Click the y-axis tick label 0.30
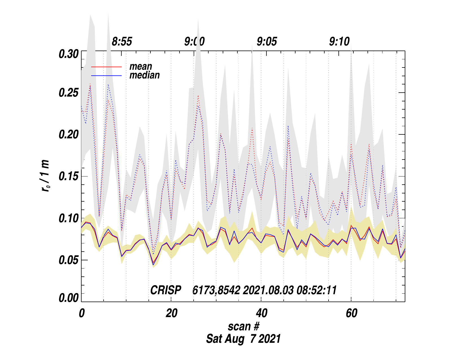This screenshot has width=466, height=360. [68, 54]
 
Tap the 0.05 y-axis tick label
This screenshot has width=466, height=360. [68, 260]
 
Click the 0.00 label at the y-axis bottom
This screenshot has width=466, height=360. [68, 298]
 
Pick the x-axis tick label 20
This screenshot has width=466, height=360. [171, 313]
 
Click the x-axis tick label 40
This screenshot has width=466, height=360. [261, 313]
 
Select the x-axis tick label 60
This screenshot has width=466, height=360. [351, 313]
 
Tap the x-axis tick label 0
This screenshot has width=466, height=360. [82, 313]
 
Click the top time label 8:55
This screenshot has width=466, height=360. [122, 42]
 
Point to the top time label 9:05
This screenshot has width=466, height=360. [267, 42]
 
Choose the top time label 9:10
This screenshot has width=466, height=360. [339, 42]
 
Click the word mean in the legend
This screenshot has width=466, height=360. [141, 67]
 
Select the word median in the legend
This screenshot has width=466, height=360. [145, 75]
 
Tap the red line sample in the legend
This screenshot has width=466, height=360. [106, 67]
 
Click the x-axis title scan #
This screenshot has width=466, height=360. [243, 326]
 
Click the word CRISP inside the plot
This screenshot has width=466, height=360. [166, 290]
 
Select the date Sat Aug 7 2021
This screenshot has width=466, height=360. [243, 339]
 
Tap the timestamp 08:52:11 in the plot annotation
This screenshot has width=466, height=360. [316, 290]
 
